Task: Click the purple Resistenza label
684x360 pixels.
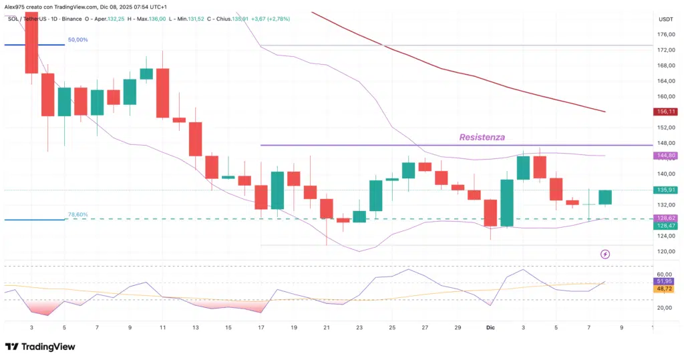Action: [x=482, y=137]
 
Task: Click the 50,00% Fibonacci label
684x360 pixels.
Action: [x=77, y=40]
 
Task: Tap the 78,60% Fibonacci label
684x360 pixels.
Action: [x=77, y=215]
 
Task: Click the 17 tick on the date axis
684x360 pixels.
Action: [x=261, y=327]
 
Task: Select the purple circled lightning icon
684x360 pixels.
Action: [x=605, y=254]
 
